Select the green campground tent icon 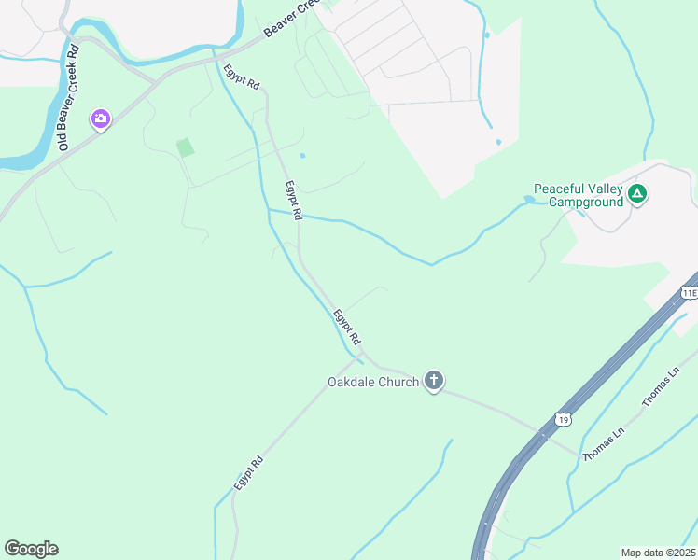point(637,194)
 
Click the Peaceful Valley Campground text point(578,195)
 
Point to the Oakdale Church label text point(372,382)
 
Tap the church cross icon point(433,381)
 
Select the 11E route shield point(689,292)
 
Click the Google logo point(31,549)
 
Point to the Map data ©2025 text point(658,553)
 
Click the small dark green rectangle point(186,147)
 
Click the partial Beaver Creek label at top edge point(289,19)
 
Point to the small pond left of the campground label point(529,199)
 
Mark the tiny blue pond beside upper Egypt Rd point(301,156)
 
